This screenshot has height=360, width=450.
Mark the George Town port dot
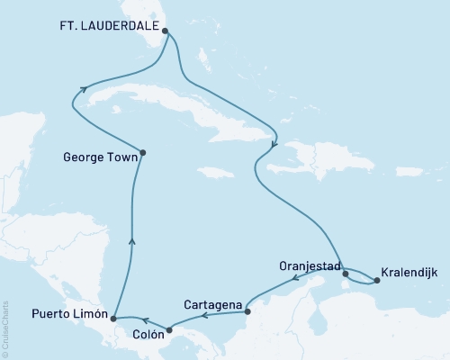pyautogui.click(x=143, y=152)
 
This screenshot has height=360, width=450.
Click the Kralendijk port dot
pyautogui.click(x=377, y=280)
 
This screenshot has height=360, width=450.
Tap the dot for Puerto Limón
pyautogui.click(x=112, y=318)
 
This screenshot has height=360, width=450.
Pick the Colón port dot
pyautogui.click(x=169, y=330)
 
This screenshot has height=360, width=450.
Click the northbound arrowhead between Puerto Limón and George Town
pyautogui.click(x=132, y=238)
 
